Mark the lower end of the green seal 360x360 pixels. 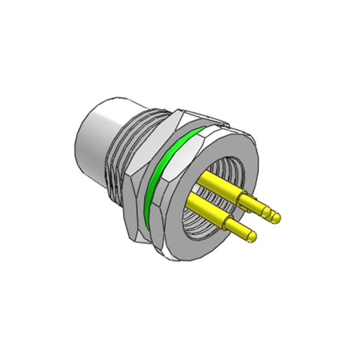(146, 220)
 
